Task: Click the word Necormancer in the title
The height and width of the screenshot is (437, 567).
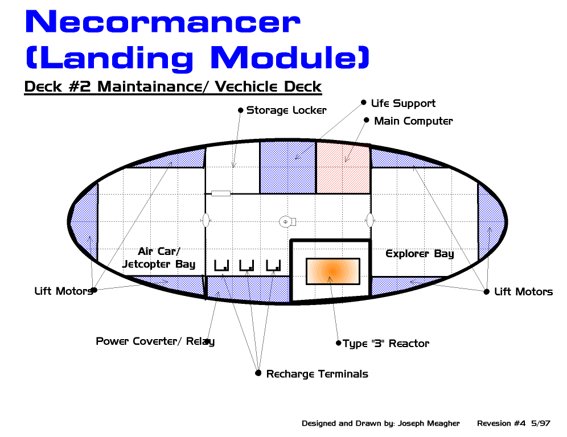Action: [163, 23]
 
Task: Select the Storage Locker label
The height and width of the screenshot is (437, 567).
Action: [286, 110]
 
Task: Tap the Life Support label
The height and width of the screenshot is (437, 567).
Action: [403, 104]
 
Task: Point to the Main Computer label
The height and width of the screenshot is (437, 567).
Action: [413, 121]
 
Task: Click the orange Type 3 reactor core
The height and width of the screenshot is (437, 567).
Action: [332, 271]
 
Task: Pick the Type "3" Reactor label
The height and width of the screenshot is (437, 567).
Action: [385, 344]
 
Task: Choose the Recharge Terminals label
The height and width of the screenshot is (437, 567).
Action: [317, 374]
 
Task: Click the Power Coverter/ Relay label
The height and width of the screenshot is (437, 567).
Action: [155, 341]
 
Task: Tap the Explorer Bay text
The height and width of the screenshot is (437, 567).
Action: [420, 254]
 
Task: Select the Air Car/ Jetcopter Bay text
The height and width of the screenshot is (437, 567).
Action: [159, 258]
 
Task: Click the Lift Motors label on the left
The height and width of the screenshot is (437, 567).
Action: [63, 291]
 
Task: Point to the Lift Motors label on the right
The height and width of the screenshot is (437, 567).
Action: [523, 292]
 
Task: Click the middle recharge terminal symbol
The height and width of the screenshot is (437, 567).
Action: [246, 265]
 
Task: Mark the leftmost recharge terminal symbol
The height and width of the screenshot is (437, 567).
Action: [221, 265]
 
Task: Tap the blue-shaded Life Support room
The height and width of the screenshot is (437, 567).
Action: [287, 167]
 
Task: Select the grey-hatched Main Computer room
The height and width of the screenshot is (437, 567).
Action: [343, 167]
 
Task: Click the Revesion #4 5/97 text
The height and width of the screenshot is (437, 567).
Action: [513, 423]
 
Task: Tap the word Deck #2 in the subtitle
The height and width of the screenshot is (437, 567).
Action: [59, 87]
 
